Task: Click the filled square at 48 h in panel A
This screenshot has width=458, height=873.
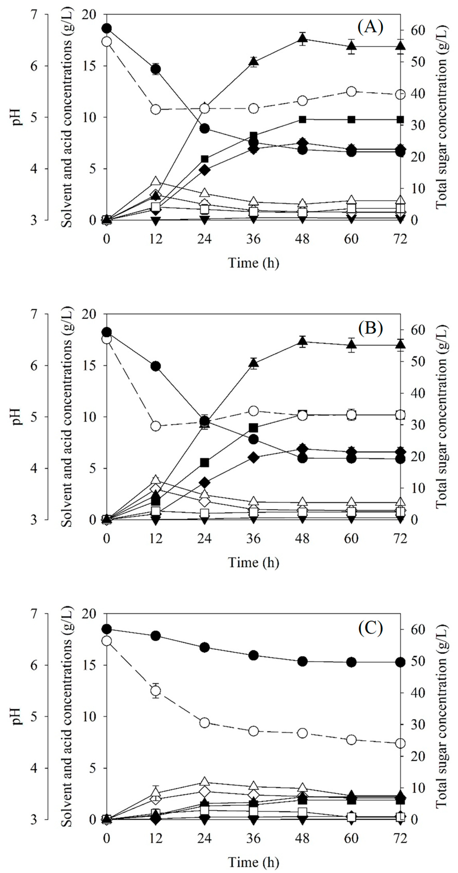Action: (303, 120)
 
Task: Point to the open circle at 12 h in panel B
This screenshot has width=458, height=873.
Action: (156, 426)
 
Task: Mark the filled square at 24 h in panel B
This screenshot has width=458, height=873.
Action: (205, 463)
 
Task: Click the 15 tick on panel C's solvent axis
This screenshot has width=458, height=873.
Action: (89, 665)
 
